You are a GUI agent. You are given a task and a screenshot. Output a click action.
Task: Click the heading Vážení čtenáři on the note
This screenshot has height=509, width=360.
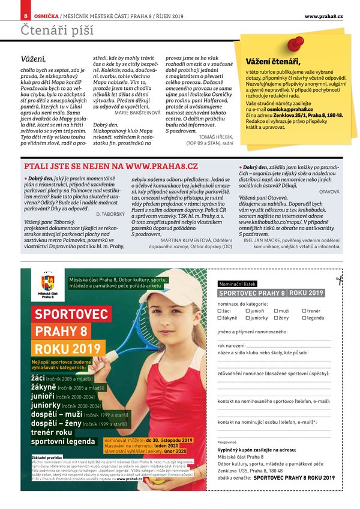pyautogui.click(x=273, y=61)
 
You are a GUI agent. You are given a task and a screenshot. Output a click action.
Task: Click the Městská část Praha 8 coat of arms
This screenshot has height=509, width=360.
pyautogui.click(x=47, y=283)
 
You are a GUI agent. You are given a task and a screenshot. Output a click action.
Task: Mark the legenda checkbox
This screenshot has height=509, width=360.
pyautogui.click(x=304, y=318)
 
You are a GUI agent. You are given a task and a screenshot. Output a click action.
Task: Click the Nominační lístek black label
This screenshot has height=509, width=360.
pyautogui.click(x=238, y=282)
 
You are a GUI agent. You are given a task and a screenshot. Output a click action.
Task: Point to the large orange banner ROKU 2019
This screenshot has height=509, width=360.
pyautogui.click(x=67, y=349)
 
